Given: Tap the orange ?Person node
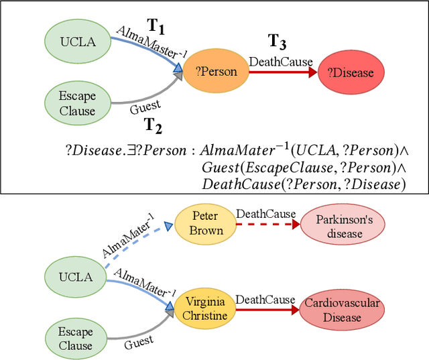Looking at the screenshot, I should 216,71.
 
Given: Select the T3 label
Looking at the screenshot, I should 278,42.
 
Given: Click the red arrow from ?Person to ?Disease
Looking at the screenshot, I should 282,72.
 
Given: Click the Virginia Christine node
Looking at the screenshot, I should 206,308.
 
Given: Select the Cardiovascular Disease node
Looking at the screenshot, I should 342,310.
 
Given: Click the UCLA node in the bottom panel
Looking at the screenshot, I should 76,276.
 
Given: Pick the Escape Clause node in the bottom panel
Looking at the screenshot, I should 76,339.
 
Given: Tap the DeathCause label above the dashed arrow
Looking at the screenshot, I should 265,214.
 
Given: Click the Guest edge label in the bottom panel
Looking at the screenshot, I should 139,342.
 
